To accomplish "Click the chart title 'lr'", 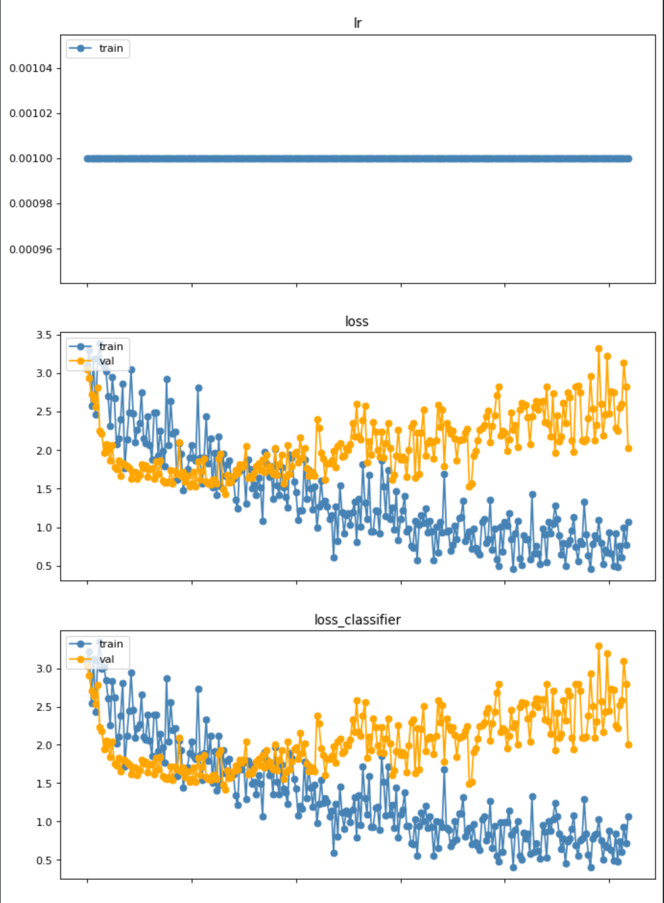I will click(358, 23).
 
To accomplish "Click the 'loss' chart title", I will click(357, 321).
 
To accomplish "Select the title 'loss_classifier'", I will click(358, 620).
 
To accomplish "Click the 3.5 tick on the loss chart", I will click(43, 335).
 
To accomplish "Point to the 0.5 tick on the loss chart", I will click(43, 567).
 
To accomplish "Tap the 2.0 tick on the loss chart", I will click(43, 451).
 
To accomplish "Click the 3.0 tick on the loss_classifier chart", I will click(43, 669).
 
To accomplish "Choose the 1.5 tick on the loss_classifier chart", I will click(43, 783).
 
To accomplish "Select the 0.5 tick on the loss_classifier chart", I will click(43, 860).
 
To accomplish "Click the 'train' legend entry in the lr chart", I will click(111, 49).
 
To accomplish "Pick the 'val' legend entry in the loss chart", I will click(107, 361).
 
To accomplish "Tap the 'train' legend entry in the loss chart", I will click(111, 347).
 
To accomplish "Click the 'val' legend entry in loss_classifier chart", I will click(107, 659).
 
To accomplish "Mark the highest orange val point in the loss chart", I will click(599, 349).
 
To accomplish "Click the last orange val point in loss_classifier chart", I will click(628, 745).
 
